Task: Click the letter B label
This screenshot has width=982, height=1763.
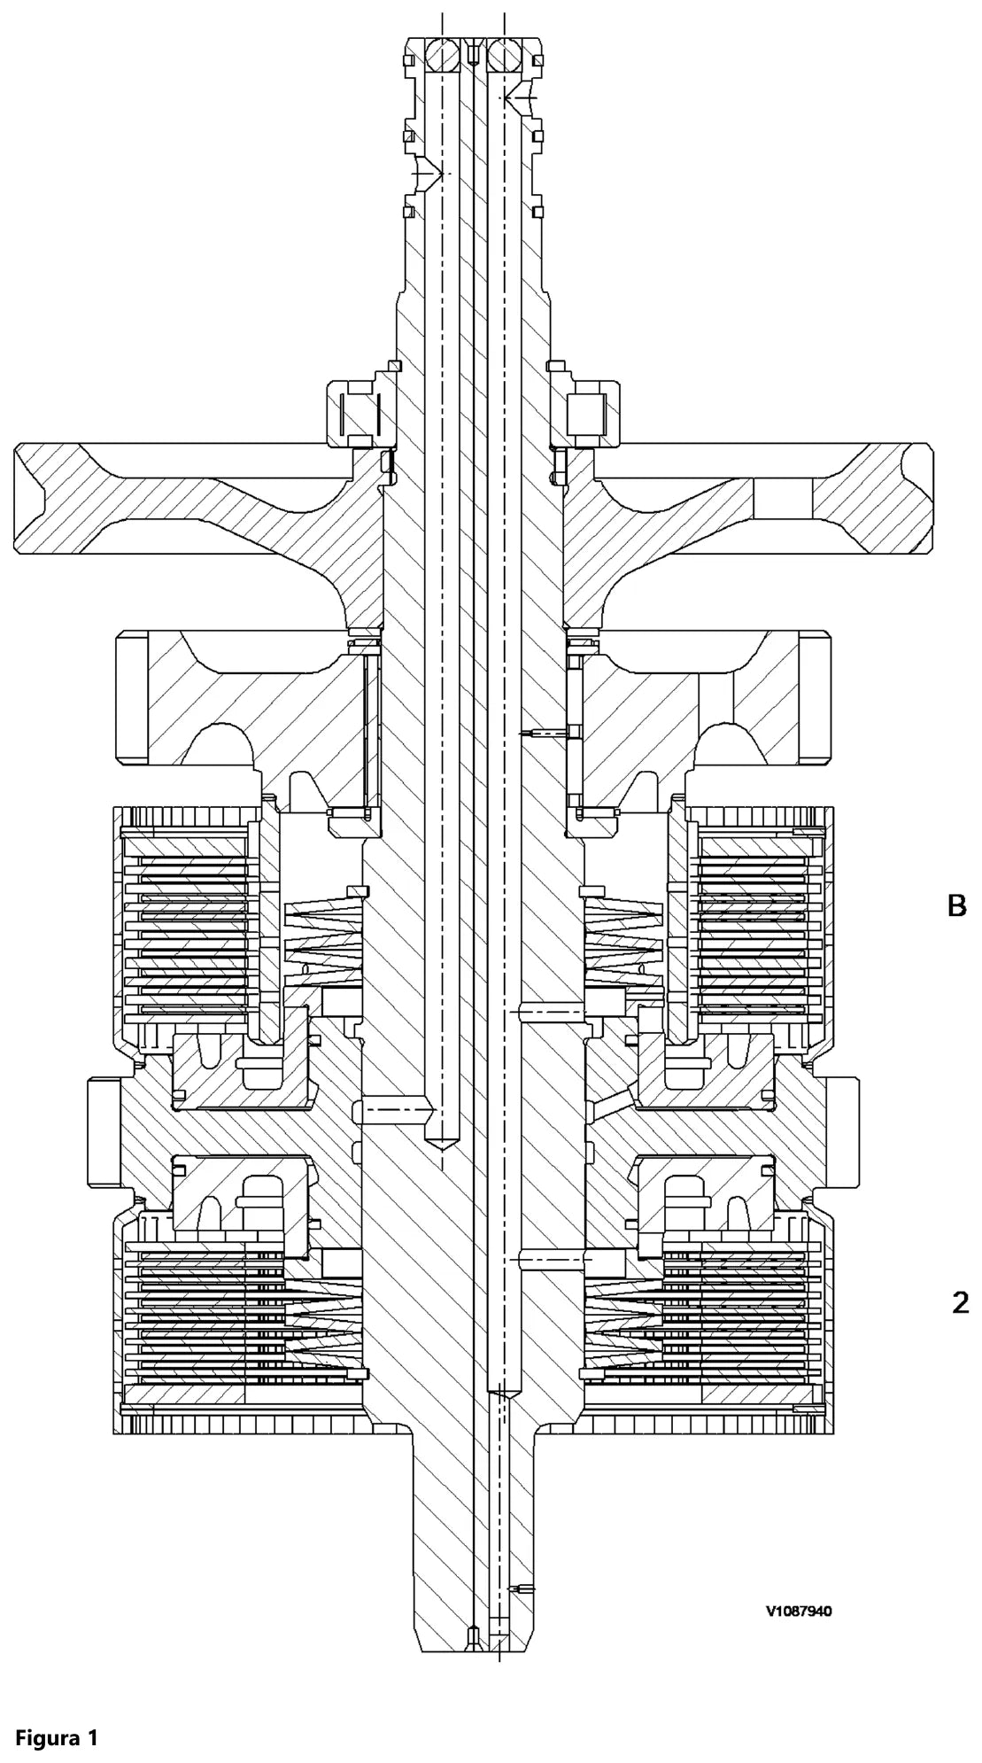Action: (x=956, y=905)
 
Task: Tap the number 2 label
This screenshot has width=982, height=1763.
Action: (x=960, y=1302)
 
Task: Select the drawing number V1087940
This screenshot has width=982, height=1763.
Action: (x=799, y=1612)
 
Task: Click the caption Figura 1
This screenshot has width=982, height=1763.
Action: (x=56, y=1713)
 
